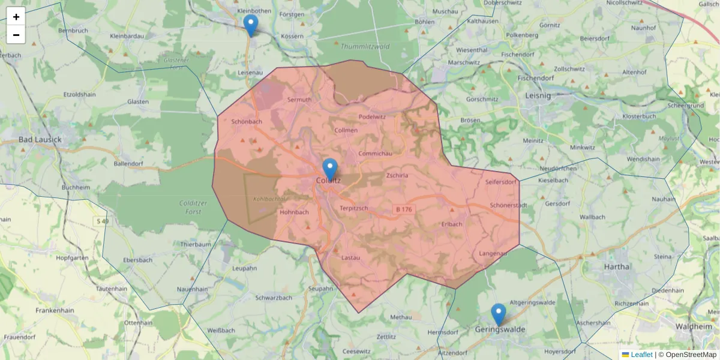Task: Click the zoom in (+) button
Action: coord(16,17)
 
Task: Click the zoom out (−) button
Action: coord(16,35)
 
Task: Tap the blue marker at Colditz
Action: coord(330,169)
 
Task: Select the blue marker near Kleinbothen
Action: coord(251,25)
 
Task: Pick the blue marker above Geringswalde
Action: coord(499,314)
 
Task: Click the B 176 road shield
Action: coord(404,209)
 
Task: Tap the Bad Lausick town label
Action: coord(40,140)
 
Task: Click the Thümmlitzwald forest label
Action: coord(365,46)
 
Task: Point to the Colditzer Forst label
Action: coord(193,207)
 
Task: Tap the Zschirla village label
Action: coord(397,176)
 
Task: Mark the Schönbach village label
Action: coord(247,122)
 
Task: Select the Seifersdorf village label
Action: coord(500,182)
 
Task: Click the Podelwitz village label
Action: coord(372,116)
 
